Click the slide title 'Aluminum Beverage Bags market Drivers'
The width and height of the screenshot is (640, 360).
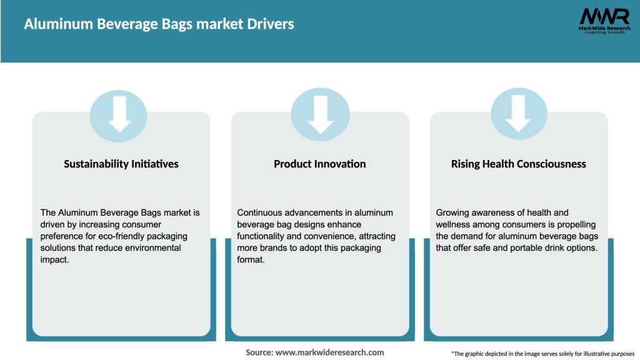point(159,24)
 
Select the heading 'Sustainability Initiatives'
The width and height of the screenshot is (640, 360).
point(121,164)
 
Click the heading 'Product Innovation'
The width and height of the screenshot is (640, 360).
point(319,164)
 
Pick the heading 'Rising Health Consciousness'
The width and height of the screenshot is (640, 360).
point(518,164)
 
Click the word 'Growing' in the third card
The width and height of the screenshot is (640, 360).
point(452,213)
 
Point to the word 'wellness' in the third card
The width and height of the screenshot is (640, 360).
point(454,224)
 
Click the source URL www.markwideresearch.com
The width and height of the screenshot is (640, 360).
point(329,352)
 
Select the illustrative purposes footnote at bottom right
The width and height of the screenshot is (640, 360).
point(542,353)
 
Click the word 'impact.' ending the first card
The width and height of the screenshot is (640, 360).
point(54,259)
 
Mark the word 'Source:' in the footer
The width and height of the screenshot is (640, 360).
point(259,352)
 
